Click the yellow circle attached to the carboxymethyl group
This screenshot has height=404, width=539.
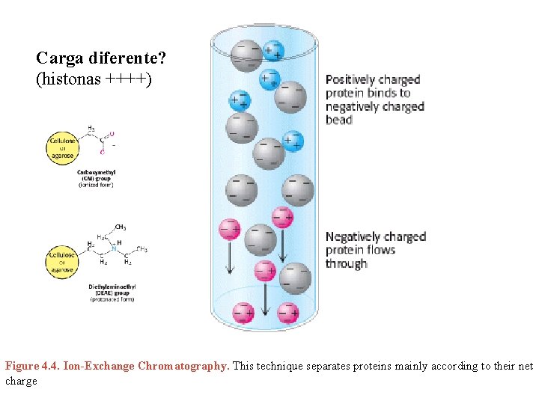[60, 145]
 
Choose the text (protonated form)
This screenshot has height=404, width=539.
[112, 300]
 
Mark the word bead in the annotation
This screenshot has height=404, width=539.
[339, 120]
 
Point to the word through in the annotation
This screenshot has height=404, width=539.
[347, 264]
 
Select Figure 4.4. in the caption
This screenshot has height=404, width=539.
[33, 367]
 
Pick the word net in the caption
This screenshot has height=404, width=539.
[526, 367]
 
